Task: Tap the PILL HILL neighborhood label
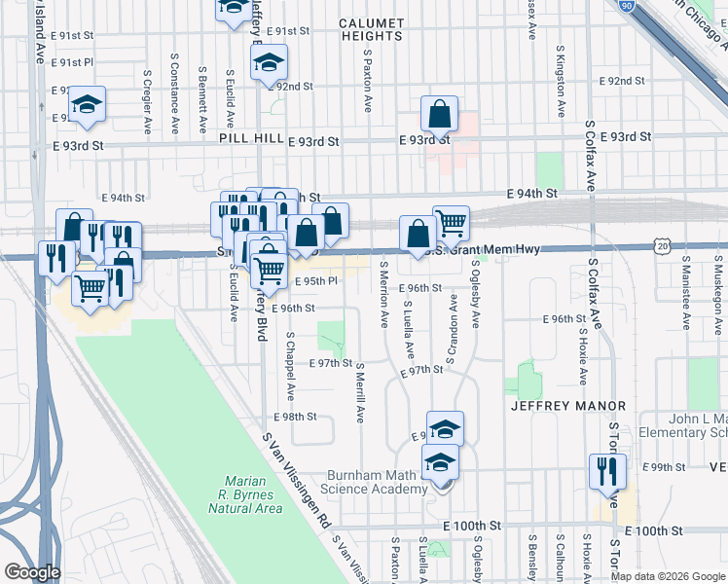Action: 251,139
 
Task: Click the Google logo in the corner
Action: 31,572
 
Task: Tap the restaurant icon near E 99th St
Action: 607,471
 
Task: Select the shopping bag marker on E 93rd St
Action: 440,114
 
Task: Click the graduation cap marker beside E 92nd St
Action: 267,65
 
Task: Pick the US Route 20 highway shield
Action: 663,246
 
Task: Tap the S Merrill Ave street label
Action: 359,392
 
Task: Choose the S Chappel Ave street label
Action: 290,366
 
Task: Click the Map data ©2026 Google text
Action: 668,576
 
